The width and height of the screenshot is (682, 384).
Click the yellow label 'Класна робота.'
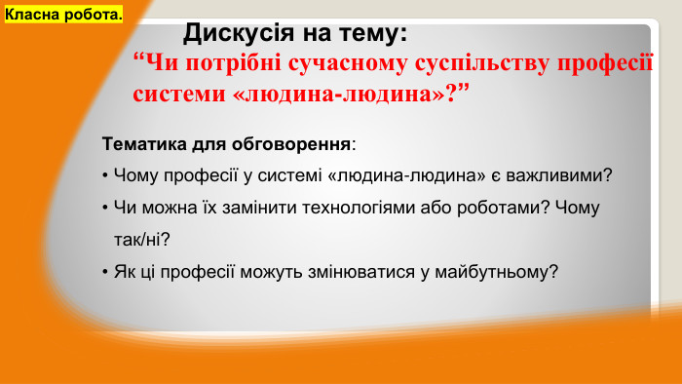coord(64,16)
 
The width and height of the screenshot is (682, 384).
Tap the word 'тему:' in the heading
coord(369,35)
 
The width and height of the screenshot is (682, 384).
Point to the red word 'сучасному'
coord(345,65)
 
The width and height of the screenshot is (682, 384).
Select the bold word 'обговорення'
coord(291,144)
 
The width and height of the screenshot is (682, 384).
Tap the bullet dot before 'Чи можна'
coord(104,208)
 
